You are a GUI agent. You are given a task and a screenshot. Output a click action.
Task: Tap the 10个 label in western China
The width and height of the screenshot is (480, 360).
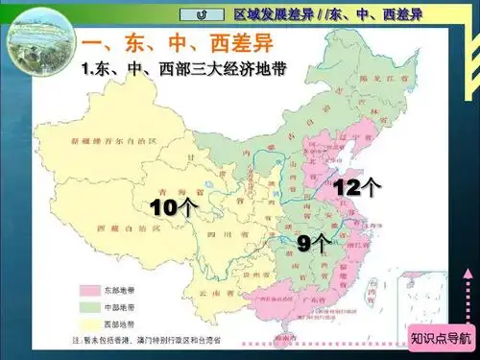(174, 205)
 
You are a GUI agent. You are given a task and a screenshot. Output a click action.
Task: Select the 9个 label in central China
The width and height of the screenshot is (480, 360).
(311, 243)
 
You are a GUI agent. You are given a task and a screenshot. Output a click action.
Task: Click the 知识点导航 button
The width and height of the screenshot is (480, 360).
(441, 338)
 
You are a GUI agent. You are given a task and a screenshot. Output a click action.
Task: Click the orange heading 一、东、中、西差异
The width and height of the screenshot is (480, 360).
(163, 45)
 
